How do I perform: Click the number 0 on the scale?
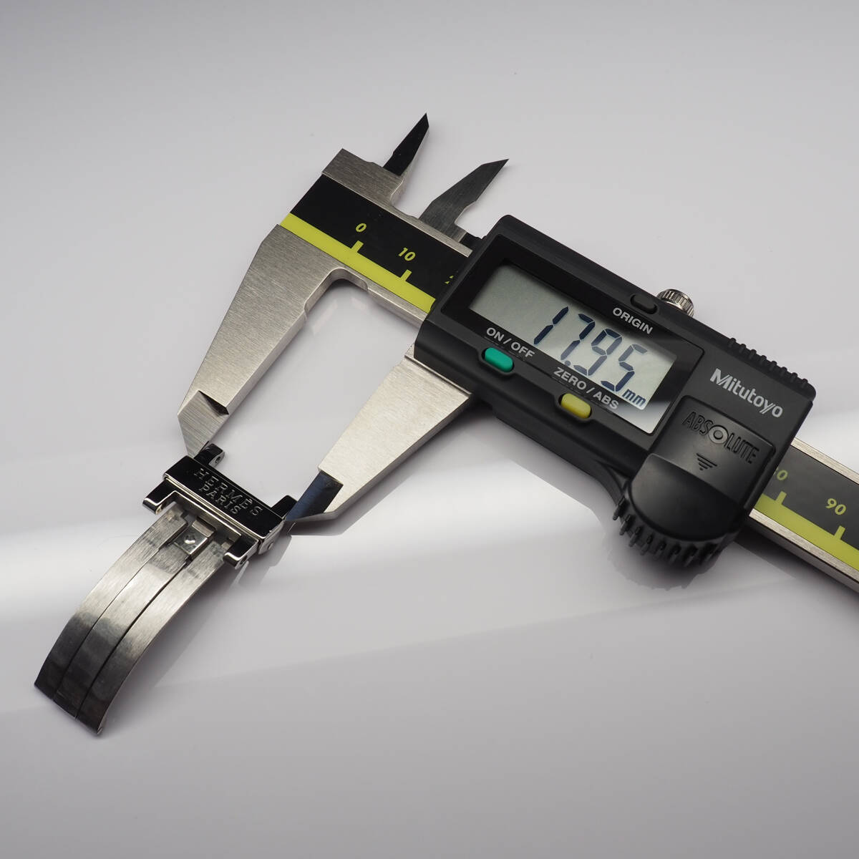tap(361, 228)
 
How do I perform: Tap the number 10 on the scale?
tap(407, 255)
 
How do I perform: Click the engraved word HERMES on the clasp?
tap(229, 491)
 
